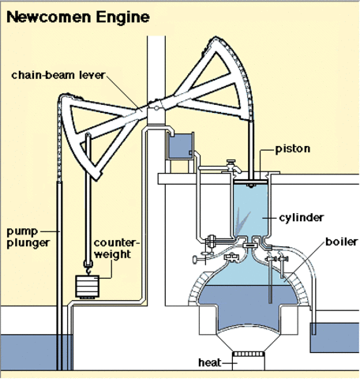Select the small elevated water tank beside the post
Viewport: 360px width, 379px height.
[x=181, y=145]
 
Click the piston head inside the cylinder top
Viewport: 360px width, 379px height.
[x=252, y=184]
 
